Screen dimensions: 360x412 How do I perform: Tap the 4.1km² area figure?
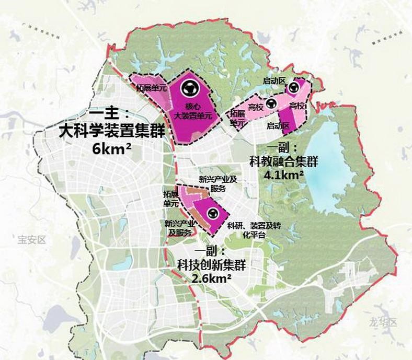click(x=284, y=175)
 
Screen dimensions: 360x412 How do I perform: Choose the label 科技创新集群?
click(x=212, y=265)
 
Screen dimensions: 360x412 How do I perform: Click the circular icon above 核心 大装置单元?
click(x=190, y=89)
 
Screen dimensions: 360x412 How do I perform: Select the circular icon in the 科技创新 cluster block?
click(x=213, y=213)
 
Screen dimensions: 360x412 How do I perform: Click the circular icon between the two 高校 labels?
click(x=271, y=104)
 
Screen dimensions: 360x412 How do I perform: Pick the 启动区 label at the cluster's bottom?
click(x=278, y=126)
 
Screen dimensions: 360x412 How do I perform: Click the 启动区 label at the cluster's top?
click(x=274, y=80)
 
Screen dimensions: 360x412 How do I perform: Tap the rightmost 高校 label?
click(x=297, y=107)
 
